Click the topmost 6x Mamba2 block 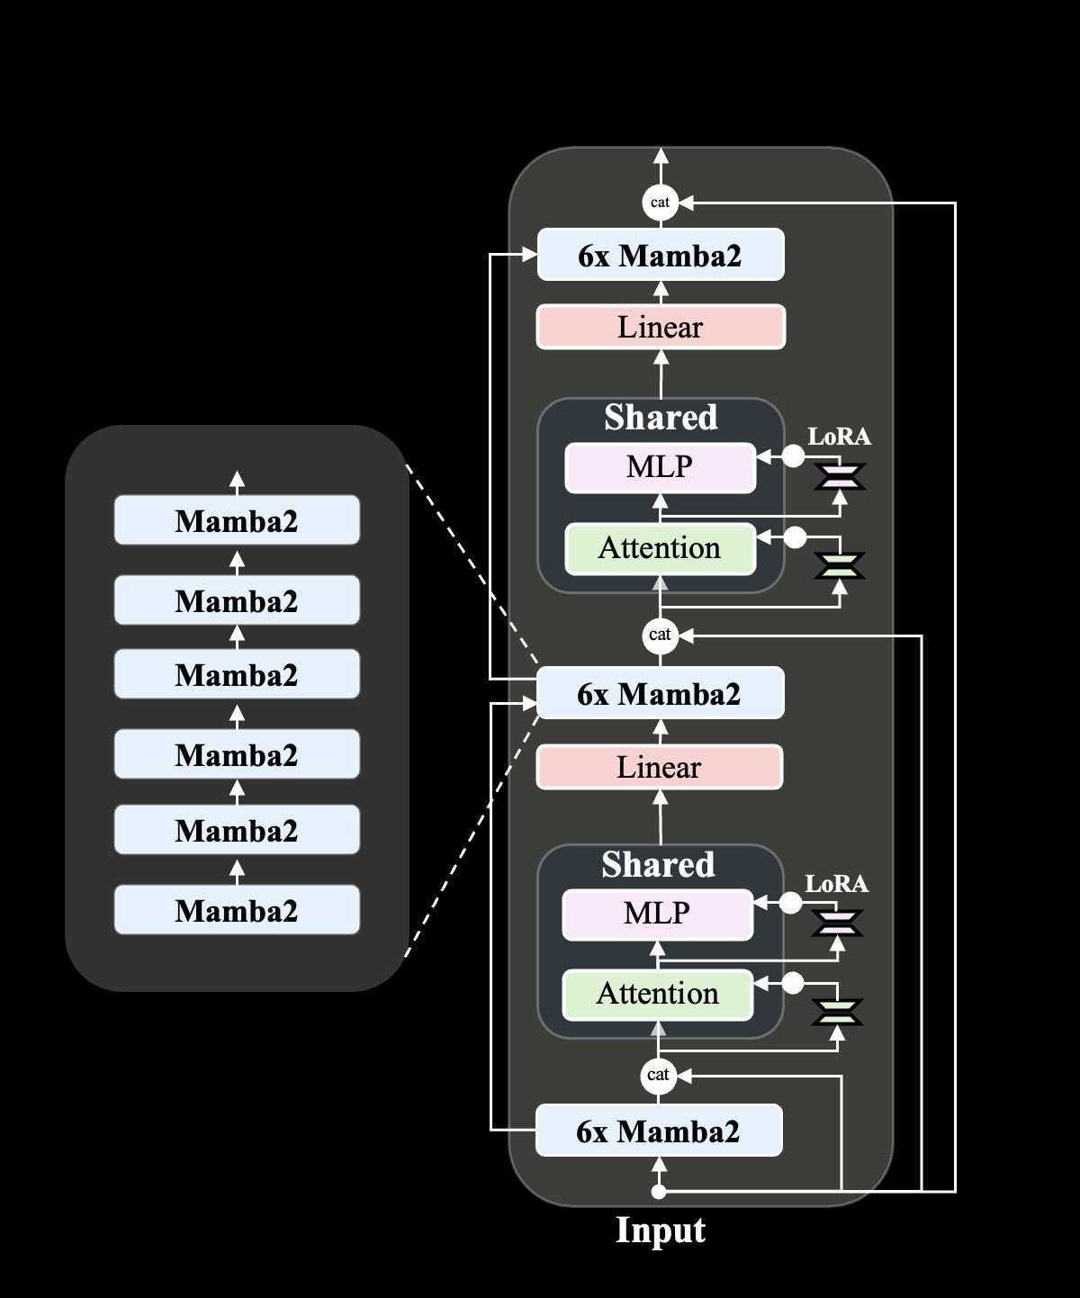tap(660, 255)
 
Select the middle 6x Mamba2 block tap(660, 693)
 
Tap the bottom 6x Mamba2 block tap(659, 1131)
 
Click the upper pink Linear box tap(660, 327)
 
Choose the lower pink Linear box tap(659, 767)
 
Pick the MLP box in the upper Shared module tap(660, 467)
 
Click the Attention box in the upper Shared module tap(660, 548)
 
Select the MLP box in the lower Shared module tap(657, 914)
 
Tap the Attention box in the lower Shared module tap(657, 994)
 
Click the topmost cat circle tap(660, 202)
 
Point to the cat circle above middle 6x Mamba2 tap(660, 635)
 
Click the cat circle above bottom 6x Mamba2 tap(658, 1075)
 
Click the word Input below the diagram tap(660, 1230)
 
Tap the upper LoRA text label tap(839, 437)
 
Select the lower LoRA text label tap(836, 884)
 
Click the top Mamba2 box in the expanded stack tap(237, 520)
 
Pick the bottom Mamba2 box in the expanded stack tap(237, 910)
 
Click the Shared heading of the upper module tap(661, 417)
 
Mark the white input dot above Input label tap(659, 1192)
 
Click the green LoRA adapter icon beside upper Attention tap(839, 565)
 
